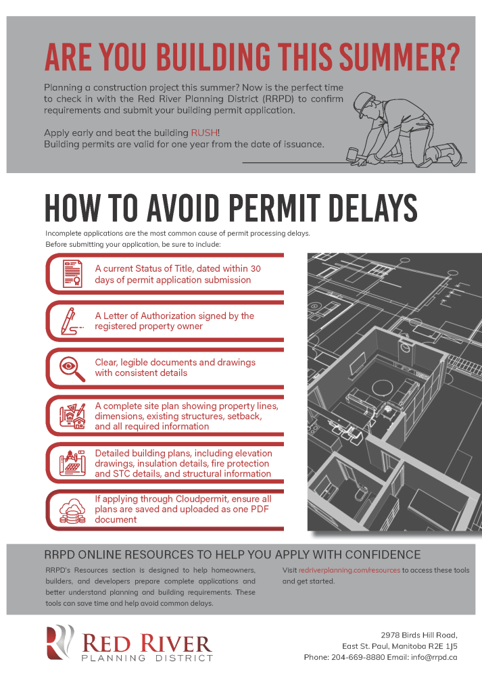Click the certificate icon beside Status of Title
click(x=72, y=272)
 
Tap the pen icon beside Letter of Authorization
click(x=72, y=320)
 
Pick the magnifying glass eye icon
click(x=72, y=367)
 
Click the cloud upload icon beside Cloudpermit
click(x=72, y=508)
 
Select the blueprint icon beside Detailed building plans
click(x=72, y=463)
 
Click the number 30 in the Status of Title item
click(x=256, y=268)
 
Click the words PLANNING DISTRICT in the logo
click(x=147, y=658)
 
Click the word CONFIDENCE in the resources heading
click(x=375, y=554)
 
